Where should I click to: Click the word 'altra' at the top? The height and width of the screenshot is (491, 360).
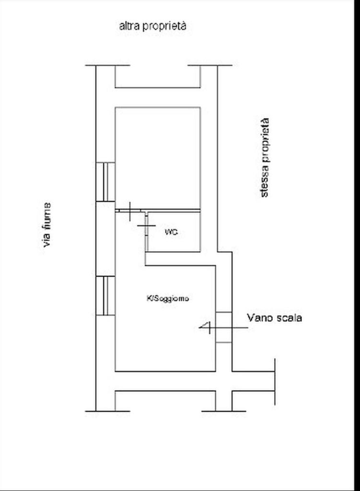tap(129, 26)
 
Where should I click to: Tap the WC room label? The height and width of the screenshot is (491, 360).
tap(172, 232)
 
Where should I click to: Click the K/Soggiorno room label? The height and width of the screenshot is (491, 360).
tap(168, 298)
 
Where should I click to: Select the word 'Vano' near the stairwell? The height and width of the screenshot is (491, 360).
tap(260, 317)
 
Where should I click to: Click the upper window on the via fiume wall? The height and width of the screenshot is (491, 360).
tap(105, 182)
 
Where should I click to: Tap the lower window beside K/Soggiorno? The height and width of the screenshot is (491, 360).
tap(105, 295)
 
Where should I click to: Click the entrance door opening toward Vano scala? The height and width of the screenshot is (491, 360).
tap(224, 327)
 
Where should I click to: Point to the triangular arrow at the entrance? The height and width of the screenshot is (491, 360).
tap(205, 327)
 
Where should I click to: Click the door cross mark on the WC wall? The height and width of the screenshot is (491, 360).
tap(146, 225)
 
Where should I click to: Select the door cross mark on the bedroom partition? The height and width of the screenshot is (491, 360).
tap(130, 211)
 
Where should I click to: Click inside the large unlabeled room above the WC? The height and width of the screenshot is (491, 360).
tap(158, 158)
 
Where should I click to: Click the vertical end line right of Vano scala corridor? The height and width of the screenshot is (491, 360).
tap(275, 382)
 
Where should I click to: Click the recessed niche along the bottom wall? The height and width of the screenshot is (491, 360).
tap(165, 401)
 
